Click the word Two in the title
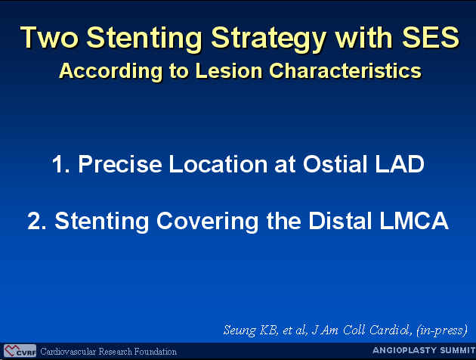click(x=49, y=37)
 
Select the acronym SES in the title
click(x=431, y=37)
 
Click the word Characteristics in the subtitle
click(x=345, y=70)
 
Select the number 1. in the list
click(x=60, y=164)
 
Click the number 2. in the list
click(x=37, y=221)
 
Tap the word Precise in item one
click(x=120, y=164)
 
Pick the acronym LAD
click(x=400, y=164)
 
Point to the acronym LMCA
click(x=414, y=221)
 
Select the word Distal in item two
click(x=340, y=221)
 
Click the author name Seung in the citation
click(x=240, y=331)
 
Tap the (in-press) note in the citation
click(x=442, y=331)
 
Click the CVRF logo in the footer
click(x=20, y=351)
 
